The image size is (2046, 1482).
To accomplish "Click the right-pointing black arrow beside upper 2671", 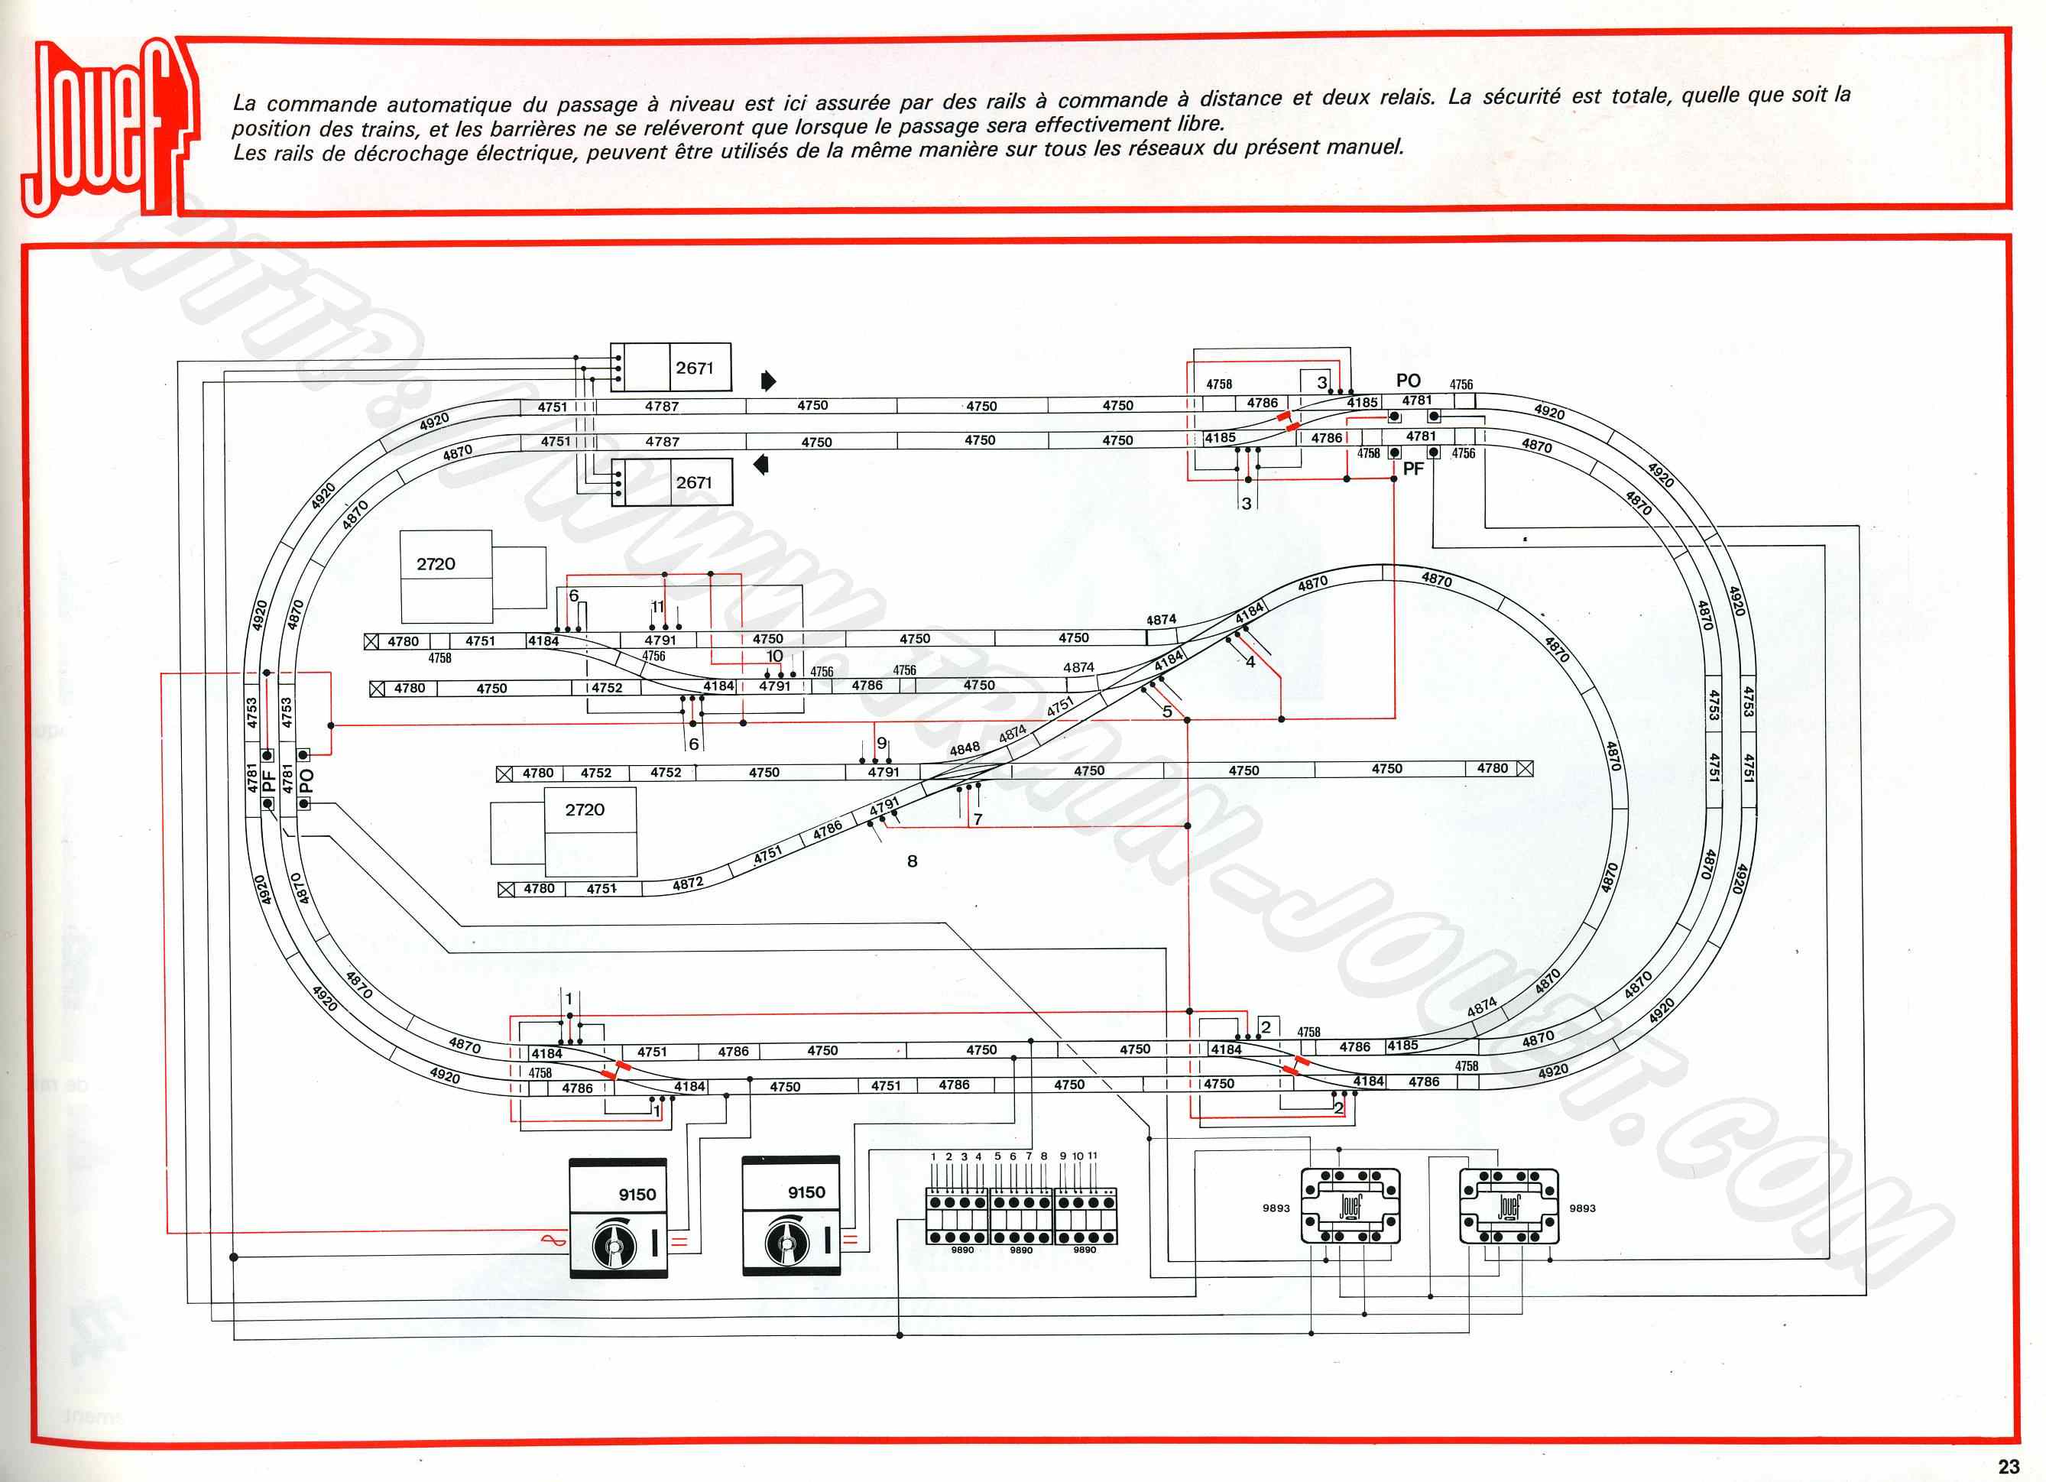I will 767,381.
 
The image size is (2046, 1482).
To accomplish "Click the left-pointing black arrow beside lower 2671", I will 761,465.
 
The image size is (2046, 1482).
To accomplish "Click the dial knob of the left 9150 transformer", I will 614,1246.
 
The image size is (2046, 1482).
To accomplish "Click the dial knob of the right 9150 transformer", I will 786,1244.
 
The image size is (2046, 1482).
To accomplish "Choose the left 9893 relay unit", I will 1350,1206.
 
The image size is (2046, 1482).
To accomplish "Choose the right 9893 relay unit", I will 1509,1206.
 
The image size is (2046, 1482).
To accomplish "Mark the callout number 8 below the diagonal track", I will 912,861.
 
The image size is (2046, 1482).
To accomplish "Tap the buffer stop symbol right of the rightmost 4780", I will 1525,768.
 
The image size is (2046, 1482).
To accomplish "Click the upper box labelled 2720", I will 446,576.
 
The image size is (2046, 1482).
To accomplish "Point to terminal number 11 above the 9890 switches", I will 1092,1156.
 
